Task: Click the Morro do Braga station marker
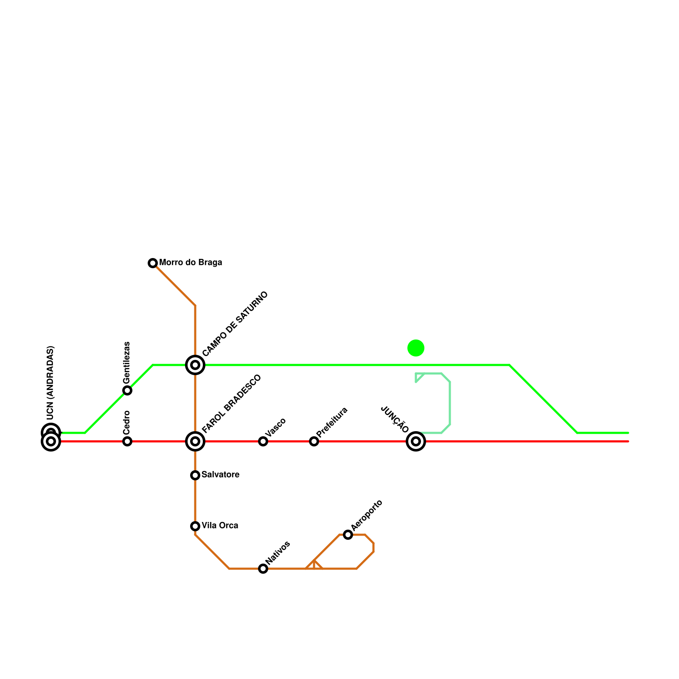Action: (x=153, y=263)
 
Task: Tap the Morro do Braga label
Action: (x=191, y=263)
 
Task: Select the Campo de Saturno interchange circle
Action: (x=195, y=365)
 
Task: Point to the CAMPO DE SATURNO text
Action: (x=235, y=324)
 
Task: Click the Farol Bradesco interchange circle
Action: (x=195, y=441)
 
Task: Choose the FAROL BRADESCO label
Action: (x=231, y=404)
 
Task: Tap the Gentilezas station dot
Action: (x=127, y=390)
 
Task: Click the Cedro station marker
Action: (x=127, y=441)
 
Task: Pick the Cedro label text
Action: (x=126, y=422)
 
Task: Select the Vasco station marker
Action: (x=263, y=441)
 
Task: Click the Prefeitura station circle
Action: (x=314, y=441)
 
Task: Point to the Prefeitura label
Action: (x=332, y=422)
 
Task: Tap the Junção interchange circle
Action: (x=416, y=441)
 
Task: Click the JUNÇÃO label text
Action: (x=395, y=420)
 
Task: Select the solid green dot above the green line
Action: (x=416, y=348)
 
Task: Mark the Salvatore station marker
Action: (x=195, y=475)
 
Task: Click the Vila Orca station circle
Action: (x=195, y=526)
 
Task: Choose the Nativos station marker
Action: (x=263, y=569)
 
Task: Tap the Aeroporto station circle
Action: (x=348, y=535)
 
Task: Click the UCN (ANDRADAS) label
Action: (x=50, y=383)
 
